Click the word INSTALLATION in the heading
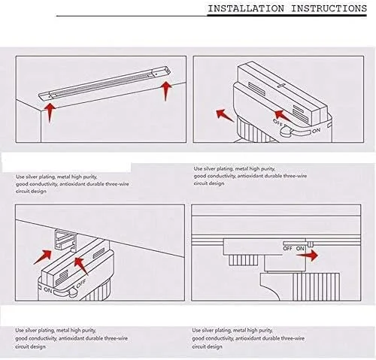[246, 8]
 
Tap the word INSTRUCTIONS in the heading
[329, 8]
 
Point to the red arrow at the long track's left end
[50, 112]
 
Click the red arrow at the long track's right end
[165, 91]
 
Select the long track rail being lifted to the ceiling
[105, 83]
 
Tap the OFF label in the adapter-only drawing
[278, 123]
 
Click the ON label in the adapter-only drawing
[317, 131]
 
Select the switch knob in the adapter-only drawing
[286, 131]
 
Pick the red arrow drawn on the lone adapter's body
[283, 116]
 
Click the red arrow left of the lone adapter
[225, 115]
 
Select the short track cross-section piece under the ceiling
[65, 241]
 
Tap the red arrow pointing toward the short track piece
[43, 256]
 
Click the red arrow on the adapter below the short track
[81, 266]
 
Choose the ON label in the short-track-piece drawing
[47, 290]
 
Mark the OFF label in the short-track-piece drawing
[81, 283]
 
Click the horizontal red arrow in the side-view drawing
[307, 256]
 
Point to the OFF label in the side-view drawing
[287, 249]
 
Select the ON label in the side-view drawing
[300, 249]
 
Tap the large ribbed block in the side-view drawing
[317, 287]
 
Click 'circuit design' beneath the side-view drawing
[207, 346]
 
